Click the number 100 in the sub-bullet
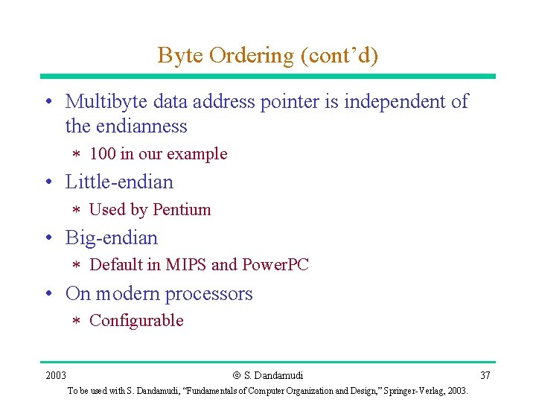pos(102,154)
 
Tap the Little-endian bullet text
pos(119,182)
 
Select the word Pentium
pos(181,210)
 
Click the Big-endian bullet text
pos(112,238)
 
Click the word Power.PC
pos(275,265)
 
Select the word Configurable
pos(136,321)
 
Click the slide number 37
pos(485,374)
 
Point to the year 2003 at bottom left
pos(56,374)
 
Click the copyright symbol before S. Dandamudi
pos(236,375)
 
